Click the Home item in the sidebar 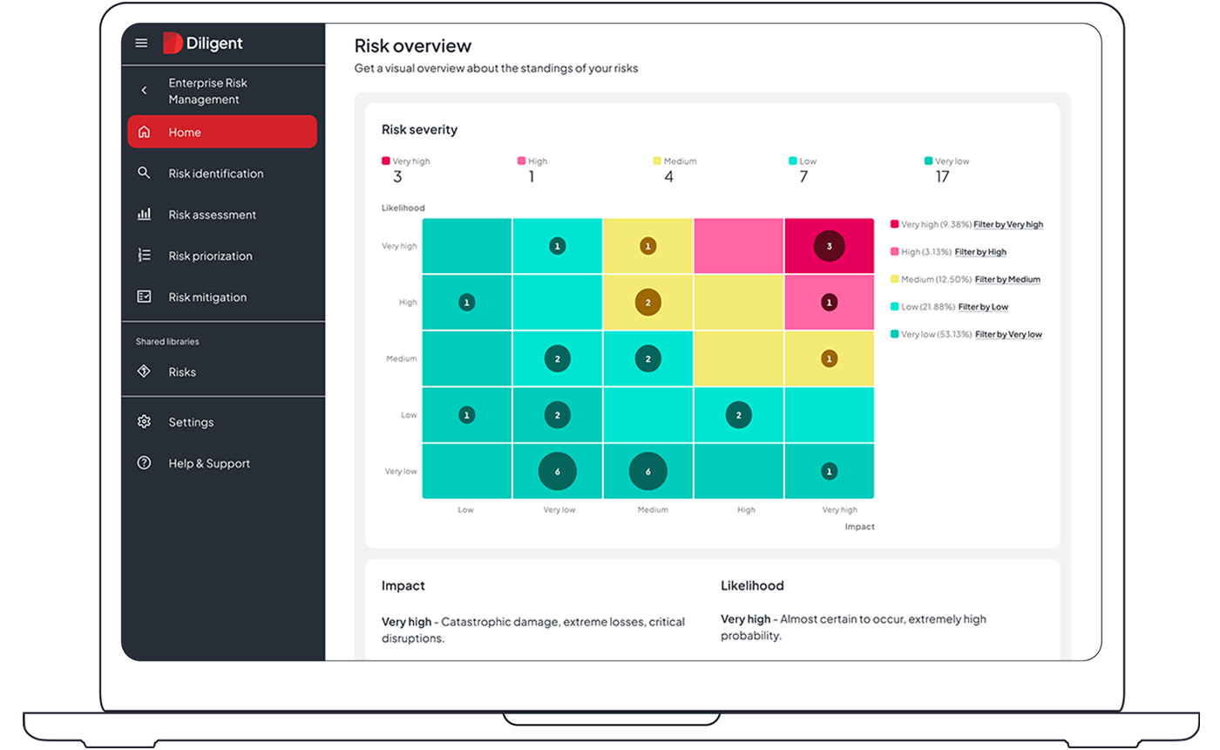click(x=221, y=133)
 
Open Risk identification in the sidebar click(x=215, y=174)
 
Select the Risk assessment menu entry click(x=212, y=215)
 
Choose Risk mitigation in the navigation click(x=207, y=297)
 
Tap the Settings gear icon click(x=145, y=422)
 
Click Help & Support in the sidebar click(x=209, y=464)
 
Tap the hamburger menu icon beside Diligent click(x=141, y=43)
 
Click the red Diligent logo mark click(x=172, y=43)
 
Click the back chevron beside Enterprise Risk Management click(x=145, y=91)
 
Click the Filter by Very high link click(x=1008, y=225)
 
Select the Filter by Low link click(x=983, y=307)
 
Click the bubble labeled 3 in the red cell click(x=829, y=247)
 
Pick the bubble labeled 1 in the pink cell click(x=829, y=303)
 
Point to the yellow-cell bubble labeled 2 click(x=647, y=303)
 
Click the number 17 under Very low click(x=942, y=177)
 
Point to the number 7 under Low click(x=803, y=177)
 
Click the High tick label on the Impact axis click(x=746, y=510)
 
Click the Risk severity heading click(x=419, y=130)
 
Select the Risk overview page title click(x=412, y=46)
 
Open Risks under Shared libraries click(x=182, y=372)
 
